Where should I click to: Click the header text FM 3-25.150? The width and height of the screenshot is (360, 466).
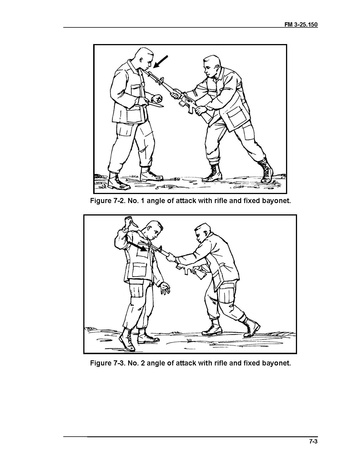(301, 24)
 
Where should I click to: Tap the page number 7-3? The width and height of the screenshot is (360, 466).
(313, 442)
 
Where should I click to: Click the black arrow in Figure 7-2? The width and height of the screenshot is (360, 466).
(160, 62)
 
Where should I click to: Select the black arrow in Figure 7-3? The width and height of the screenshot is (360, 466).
(137, 246)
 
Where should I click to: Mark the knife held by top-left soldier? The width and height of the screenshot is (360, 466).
(155, 105)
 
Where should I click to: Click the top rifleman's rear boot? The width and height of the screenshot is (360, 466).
(266, 170)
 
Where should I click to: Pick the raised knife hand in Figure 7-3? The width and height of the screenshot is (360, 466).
(128, 223)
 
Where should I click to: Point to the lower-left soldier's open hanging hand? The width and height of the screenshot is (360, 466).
(165, 288)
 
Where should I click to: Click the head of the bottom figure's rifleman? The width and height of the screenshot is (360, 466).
(202, 233)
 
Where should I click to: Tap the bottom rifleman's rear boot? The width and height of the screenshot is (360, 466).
(251, 326)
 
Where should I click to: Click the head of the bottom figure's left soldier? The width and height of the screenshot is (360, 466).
(154, 231)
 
